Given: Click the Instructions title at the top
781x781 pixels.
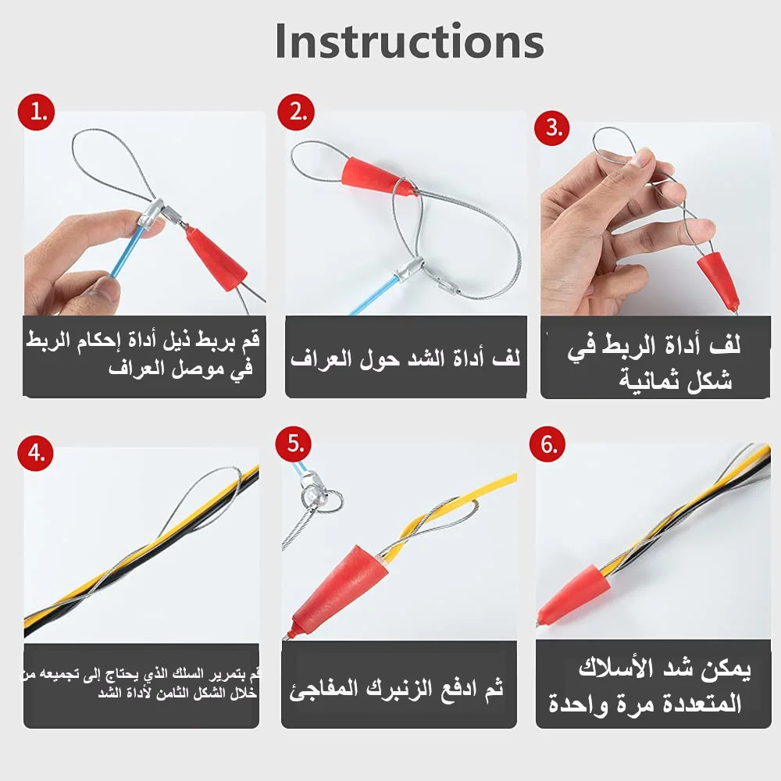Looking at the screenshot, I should pyautogui.click(x=409, y=41).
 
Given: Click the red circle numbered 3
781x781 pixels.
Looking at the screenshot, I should pyautogui.click(x=553, y=127).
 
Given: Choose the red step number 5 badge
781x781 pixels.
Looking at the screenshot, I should pyautogui.click(x=294, y=444).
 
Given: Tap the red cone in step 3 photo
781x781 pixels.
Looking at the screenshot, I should pyautogui.click(x=718, y=279).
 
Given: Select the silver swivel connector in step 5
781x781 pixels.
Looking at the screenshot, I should pyautogui.click(x=315, y=492).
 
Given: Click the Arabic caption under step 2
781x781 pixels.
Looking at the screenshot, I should pyautogui.click(x=405, y=358).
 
